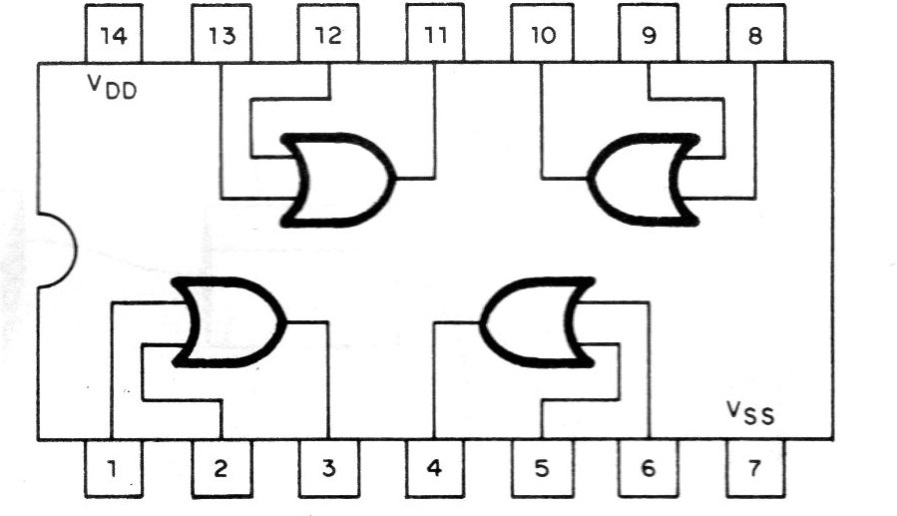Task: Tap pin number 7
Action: tap(755, 468)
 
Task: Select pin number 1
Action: tap(113, 468)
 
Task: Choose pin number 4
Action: tap(435, 468)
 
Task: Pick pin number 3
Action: tap(328, 468)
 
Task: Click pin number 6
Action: tap(649, 468)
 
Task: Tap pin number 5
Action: tap(542, 468)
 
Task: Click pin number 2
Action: tap(221, 468)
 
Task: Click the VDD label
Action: tap(112, 87)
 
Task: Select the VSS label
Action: tap(750, 413)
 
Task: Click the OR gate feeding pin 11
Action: tap(337, 179)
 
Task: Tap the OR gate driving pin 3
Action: tap(228, 322)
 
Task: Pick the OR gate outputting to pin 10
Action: tap(644, 179)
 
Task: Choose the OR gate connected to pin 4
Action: tap(537, 322)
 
